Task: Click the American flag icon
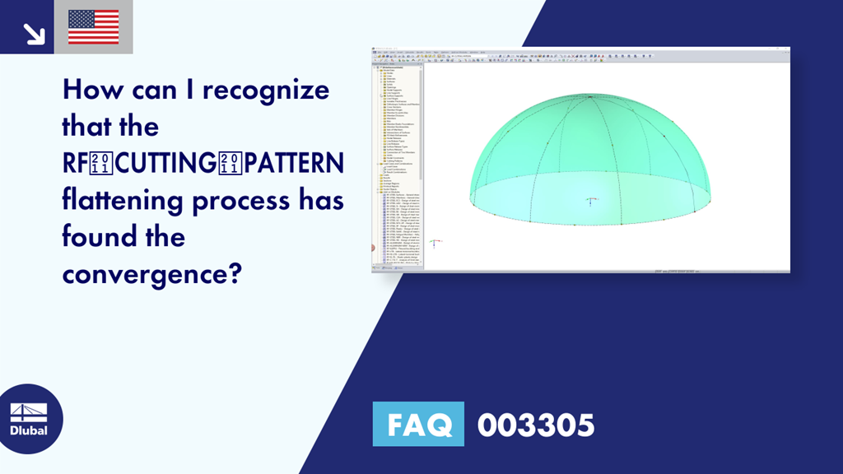[x=93, y=26]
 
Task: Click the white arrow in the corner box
[x=33, y=33]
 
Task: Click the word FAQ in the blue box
[x=418, y=425]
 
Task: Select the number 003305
[x=535, y=425]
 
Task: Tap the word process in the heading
[x=239, y=202]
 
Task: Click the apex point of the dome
[x=590, y=97]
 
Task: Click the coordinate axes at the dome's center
[x=591, y=200]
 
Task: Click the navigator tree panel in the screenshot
[x=398, y=165]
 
